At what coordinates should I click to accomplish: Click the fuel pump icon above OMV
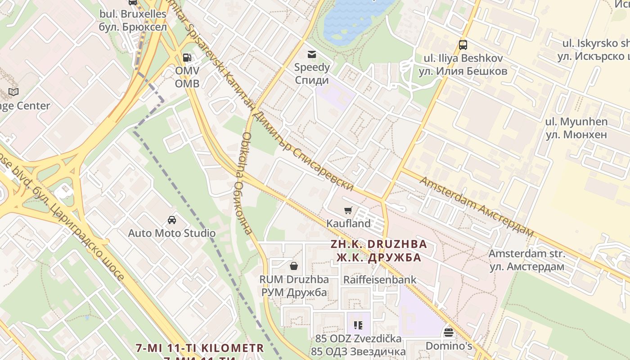click(x=187, y=57)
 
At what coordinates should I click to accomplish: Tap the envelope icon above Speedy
click(x=311, y=54)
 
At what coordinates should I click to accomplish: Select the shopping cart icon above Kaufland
click(x=348, y=210)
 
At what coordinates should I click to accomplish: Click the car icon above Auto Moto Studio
click(x=171, y=220)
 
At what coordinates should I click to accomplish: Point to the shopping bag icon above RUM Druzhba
click(x=294, y=266)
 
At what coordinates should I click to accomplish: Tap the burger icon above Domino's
click(x=448, y=333)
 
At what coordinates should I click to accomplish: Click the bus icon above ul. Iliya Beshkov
click(x=463, y=45)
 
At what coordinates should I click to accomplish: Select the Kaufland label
click(x=348, y=223)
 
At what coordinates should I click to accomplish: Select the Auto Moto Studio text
click(x=171, y=233)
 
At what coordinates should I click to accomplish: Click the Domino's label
click(x=449, y=346)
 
